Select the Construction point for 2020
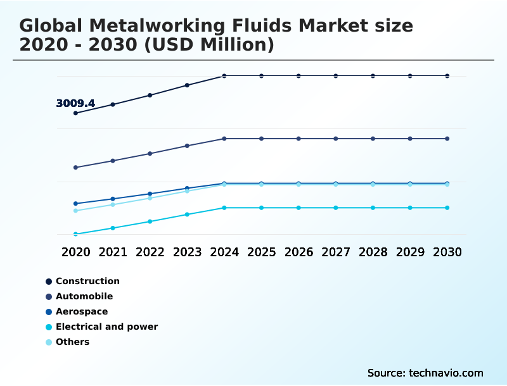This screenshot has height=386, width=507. pyautogui.click(x=75, y=113)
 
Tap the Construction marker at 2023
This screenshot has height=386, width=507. pyautogui.click(x=187, y=85)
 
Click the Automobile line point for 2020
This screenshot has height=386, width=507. pyautogui.click(x=75, y=168)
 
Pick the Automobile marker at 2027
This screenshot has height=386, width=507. pyautogui.click(x=336, y=139)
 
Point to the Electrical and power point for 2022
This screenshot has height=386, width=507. pyautogui.click(x=150, y=221)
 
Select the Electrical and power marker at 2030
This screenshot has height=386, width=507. pyautogui.click(x=447, y=208)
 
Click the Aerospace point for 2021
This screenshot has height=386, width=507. pyautogui.click(x=113, y=199)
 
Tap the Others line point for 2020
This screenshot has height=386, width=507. pyautogui.click(x=75, y=211)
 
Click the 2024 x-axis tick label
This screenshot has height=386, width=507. pyautogui.click(x=224, y=252)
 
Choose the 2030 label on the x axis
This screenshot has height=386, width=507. pyautogui.click(x=447, y=252)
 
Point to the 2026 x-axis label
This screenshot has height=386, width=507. pyautogui.click(x=298, y=252)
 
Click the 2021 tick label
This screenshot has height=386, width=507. pyautogui.click(x=113, y=252)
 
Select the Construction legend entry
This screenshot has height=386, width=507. pyautogui.click(x=87, y=281)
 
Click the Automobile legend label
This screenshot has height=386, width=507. pyautogui.click(x=84, y=296)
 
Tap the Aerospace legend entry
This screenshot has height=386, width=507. pyautogui.click(x=82, y=311)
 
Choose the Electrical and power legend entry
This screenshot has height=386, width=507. pyautogui.click(x=106, y=327)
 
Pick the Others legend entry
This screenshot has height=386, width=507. pyautogui.click(x=72, y=342)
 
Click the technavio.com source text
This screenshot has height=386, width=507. pyautogui.click(x=446, y=373)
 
